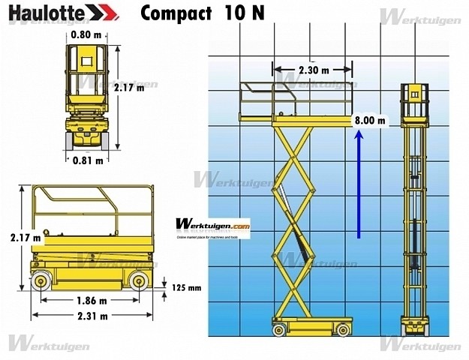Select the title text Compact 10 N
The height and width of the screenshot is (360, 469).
tap(202, 13)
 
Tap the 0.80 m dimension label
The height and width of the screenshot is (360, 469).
tap(87, 34)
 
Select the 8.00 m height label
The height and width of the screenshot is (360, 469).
tap(370, 120)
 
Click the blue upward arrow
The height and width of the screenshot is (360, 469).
tap(359, 184)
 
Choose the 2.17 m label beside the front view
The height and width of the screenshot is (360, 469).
tap(130, 87)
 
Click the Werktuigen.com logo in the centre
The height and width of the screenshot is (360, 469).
tap(213, 224)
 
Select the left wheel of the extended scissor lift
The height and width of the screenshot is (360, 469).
tap(279, 328)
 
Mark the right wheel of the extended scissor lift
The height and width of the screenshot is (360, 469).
tap(342, 328)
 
